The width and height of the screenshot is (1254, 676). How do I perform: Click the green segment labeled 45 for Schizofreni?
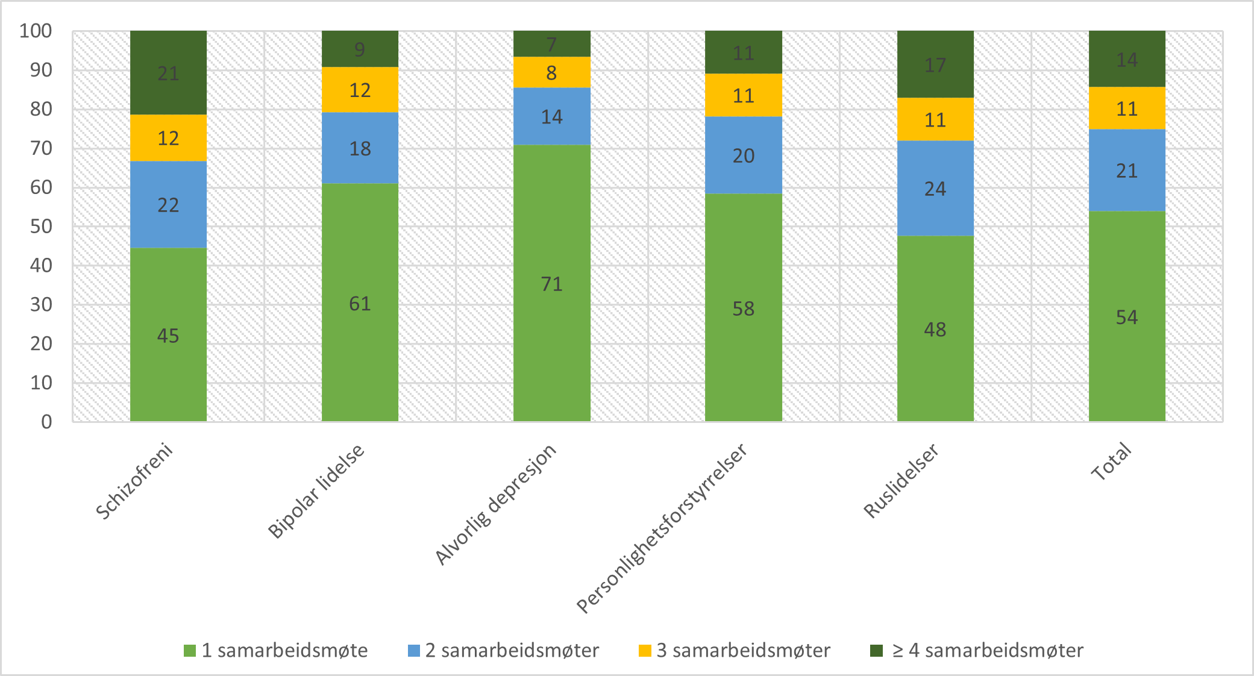pyautogui.click(x=168, y=334)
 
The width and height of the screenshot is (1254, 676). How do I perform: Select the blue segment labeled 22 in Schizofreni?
pyautogui.click(x=168, y=204)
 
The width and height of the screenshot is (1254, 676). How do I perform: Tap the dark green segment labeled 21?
pyautogui.click(x=168, y=73)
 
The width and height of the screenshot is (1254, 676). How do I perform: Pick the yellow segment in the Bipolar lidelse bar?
pyautogui.click(x=360, y=90)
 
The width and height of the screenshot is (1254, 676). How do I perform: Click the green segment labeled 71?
pyautogui.click(x=551, y=283)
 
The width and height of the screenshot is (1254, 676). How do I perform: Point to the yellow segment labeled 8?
pyautogui.click(x=551, y=72)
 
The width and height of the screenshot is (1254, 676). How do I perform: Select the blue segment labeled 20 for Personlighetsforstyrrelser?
pyautogui.click(x=743, y=155)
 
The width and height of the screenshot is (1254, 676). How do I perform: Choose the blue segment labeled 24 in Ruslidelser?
pyautogui.click(x=935, y=189)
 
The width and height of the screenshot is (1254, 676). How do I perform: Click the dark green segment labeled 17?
pyautogui.click(x=935, y=64)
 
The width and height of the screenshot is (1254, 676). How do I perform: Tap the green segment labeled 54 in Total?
pyautogui.click(x=1126, y=317)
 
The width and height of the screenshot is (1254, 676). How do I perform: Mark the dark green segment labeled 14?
pyautogui.click(x=1126, y=59)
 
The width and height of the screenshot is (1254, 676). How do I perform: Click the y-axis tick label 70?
pyautogui.click(x=41, y=148)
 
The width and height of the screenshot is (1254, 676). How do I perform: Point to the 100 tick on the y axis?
pyautogui.click(x=36, y=31)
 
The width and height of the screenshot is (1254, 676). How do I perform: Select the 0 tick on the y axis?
pyautogui.click(x=46, y=422)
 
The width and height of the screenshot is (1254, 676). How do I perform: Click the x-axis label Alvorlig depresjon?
pyautogui.click(x=495, y=505)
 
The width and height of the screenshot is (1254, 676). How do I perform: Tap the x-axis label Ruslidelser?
pyautogui.click(x=901, y=481)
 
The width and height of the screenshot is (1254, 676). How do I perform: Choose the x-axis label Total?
pyautogui.click(x=1112, y=462)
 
